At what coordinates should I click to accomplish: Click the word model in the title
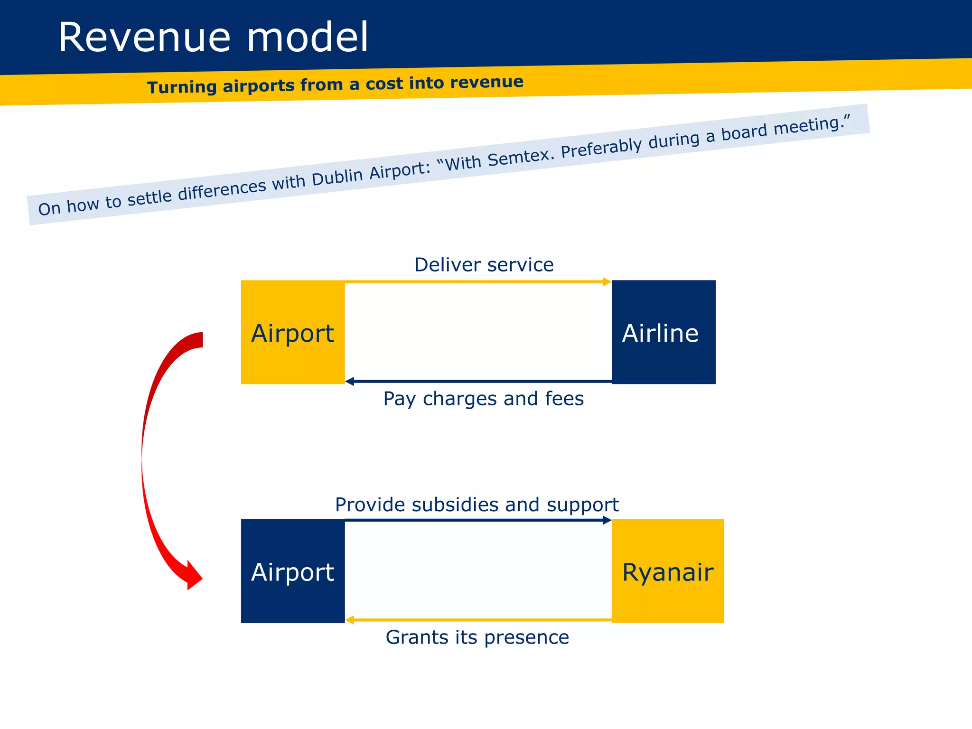point(308,38)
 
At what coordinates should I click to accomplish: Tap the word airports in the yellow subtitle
point(259,86)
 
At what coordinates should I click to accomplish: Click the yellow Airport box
point(293,332)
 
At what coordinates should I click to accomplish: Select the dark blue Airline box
point(664,332)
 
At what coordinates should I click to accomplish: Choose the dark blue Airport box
point(293,571)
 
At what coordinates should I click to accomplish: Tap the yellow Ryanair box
point(668,571)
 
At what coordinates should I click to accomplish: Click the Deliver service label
point(484,265)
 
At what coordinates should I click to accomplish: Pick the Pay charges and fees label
point(483,399)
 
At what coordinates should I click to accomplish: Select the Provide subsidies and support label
point(477,505)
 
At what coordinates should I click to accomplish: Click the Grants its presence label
point(477,637)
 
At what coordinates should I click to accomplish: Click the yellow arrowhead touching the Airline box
point(607,282)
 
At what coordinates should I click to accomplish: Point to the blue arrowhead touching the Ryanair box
point(607,520)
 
